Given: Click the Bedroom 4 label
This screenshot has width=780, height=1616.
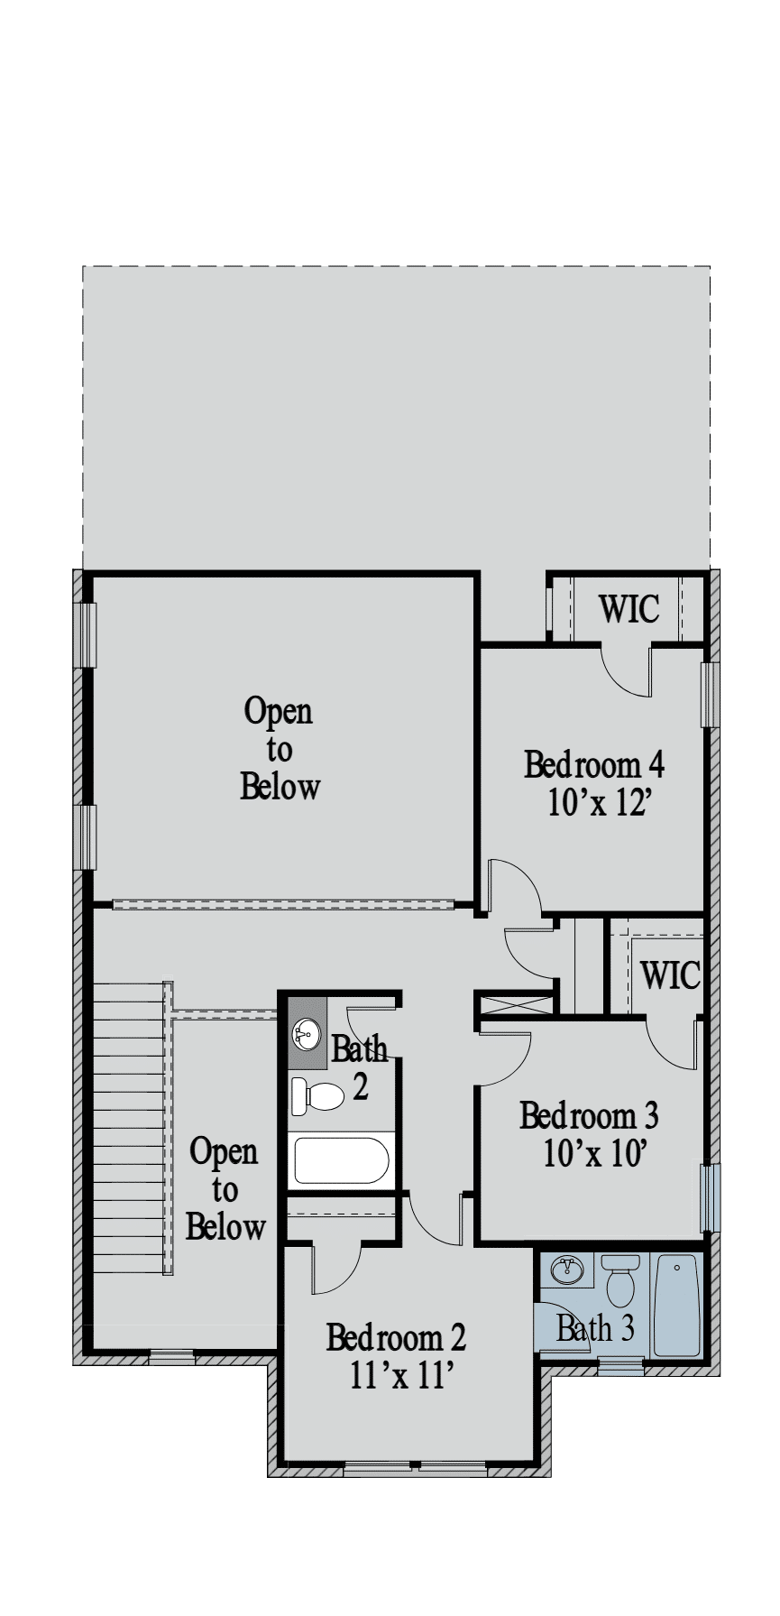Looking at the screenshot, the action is coord(594,765).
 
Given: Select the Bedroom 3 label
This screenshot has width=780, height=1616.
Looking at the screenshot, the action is coord(589,1116).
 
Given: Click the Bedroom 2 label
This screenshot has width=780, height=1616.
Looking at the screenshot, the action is coord(397,1336).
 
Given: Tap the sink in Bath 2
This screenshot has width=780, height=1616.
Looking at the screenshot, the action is coord(307,1034).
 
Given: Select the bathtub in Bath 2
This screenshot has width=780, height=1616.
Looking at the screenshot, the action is coord(341,1161).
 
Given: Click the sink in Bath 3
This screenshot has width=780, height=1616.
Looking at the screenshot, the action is coord(567,1270).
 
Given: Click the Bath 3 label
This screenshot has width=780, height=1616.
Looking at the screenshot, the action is coord(595,1328).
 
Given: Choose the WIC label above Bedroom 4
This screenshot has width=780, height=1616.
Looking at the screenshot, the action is coord(629,609).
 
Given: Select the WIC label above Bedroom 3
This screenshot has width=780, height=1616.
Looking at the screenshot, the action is coord(670,974).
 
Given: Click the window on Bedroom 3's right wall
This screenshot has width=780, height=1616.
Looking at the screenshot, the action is coord(711,1197).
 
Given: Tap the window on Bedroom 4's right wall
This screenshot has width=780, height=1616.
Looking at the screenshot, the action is coord(711,695).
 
